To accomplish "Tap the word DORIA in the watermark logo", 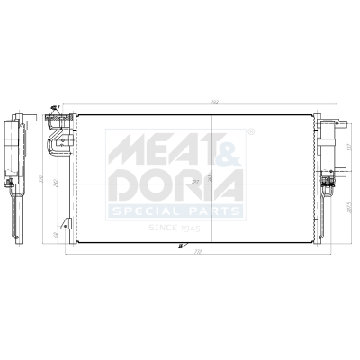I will [175, 186].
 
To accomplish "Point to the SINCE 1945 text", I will [175, 229].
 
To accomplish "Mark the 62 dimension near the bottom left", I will [55, 236].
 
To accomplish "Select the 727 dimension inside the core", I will [195, 179].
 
